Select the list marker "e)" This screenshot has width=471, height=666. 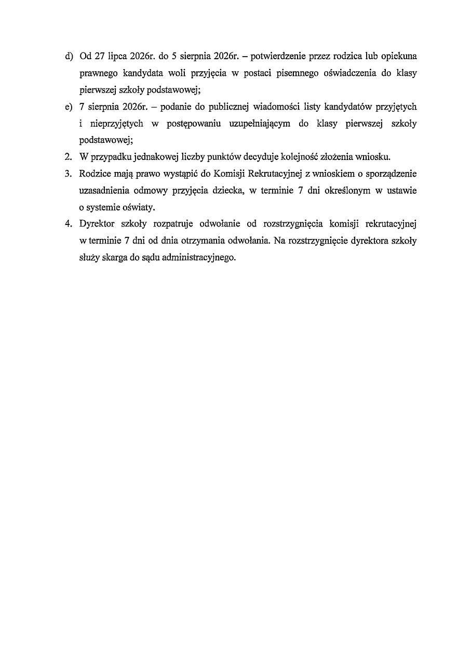click(x=69, y=107)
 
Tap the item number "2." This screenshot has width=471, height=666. click(x=68, y=157)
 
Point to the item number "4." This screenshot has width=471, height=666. click(x=68, y=224)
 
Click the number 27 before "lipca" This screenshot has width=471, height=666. click(x=100, y=56)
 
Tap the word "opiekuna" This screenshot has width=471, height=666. click(x=399, y=56)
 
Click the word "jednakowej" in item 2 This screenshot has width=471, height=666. click(x=146, y=157)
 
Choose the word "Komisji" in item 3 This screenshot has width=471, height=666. click(x=231, y=174)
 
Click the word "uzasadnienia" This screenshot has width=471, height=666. click(x=104, y=191)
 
